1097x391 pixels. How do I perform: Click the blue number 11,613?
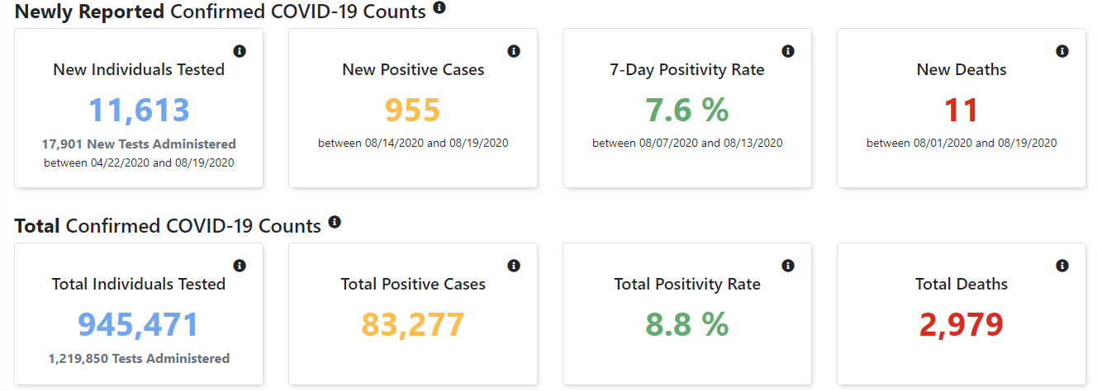click(139, 111)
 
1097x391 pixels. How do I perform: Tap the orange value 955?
click(413, 111)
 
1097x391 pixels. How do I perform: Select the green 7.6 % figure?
click(687, 111)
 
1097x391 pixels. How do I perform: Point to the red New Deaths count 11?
click(962, 111)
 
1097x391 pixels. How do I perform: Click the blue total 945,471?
click(139, 325)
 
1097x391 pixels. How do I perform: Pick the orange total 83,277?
click(413, 325)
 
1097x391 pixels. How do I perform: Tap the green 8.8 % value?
click(687, 325)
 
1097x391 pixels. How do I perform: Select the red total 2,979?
click(962, 325)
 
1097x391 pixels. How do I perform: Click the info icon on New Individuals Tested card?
click(240, 51)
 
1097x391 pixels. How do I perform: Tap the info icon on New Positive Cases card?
click(514, 51)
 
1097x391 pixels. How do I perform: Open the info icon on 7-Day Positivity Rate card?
click(788, 51)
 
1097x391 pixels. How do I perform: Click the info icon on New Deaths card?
click(1062, 51)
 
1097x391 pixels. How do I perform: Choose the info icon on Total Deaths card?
click(1062, 266)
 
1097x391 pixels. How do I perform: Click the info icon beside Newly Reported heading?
click(439, 7)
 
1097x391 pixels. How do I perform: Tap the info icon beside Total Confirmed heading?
click(335, 222)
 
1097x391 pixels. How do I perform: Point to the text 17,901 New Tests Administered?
click(139, 144)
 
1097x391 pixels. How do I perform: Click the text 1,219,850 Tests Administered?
click(139, 359)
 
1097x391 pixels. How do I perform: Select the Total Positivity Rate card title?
click(687, 285)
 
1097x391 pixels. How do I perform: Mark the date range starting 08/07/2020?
click(687, 144)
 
